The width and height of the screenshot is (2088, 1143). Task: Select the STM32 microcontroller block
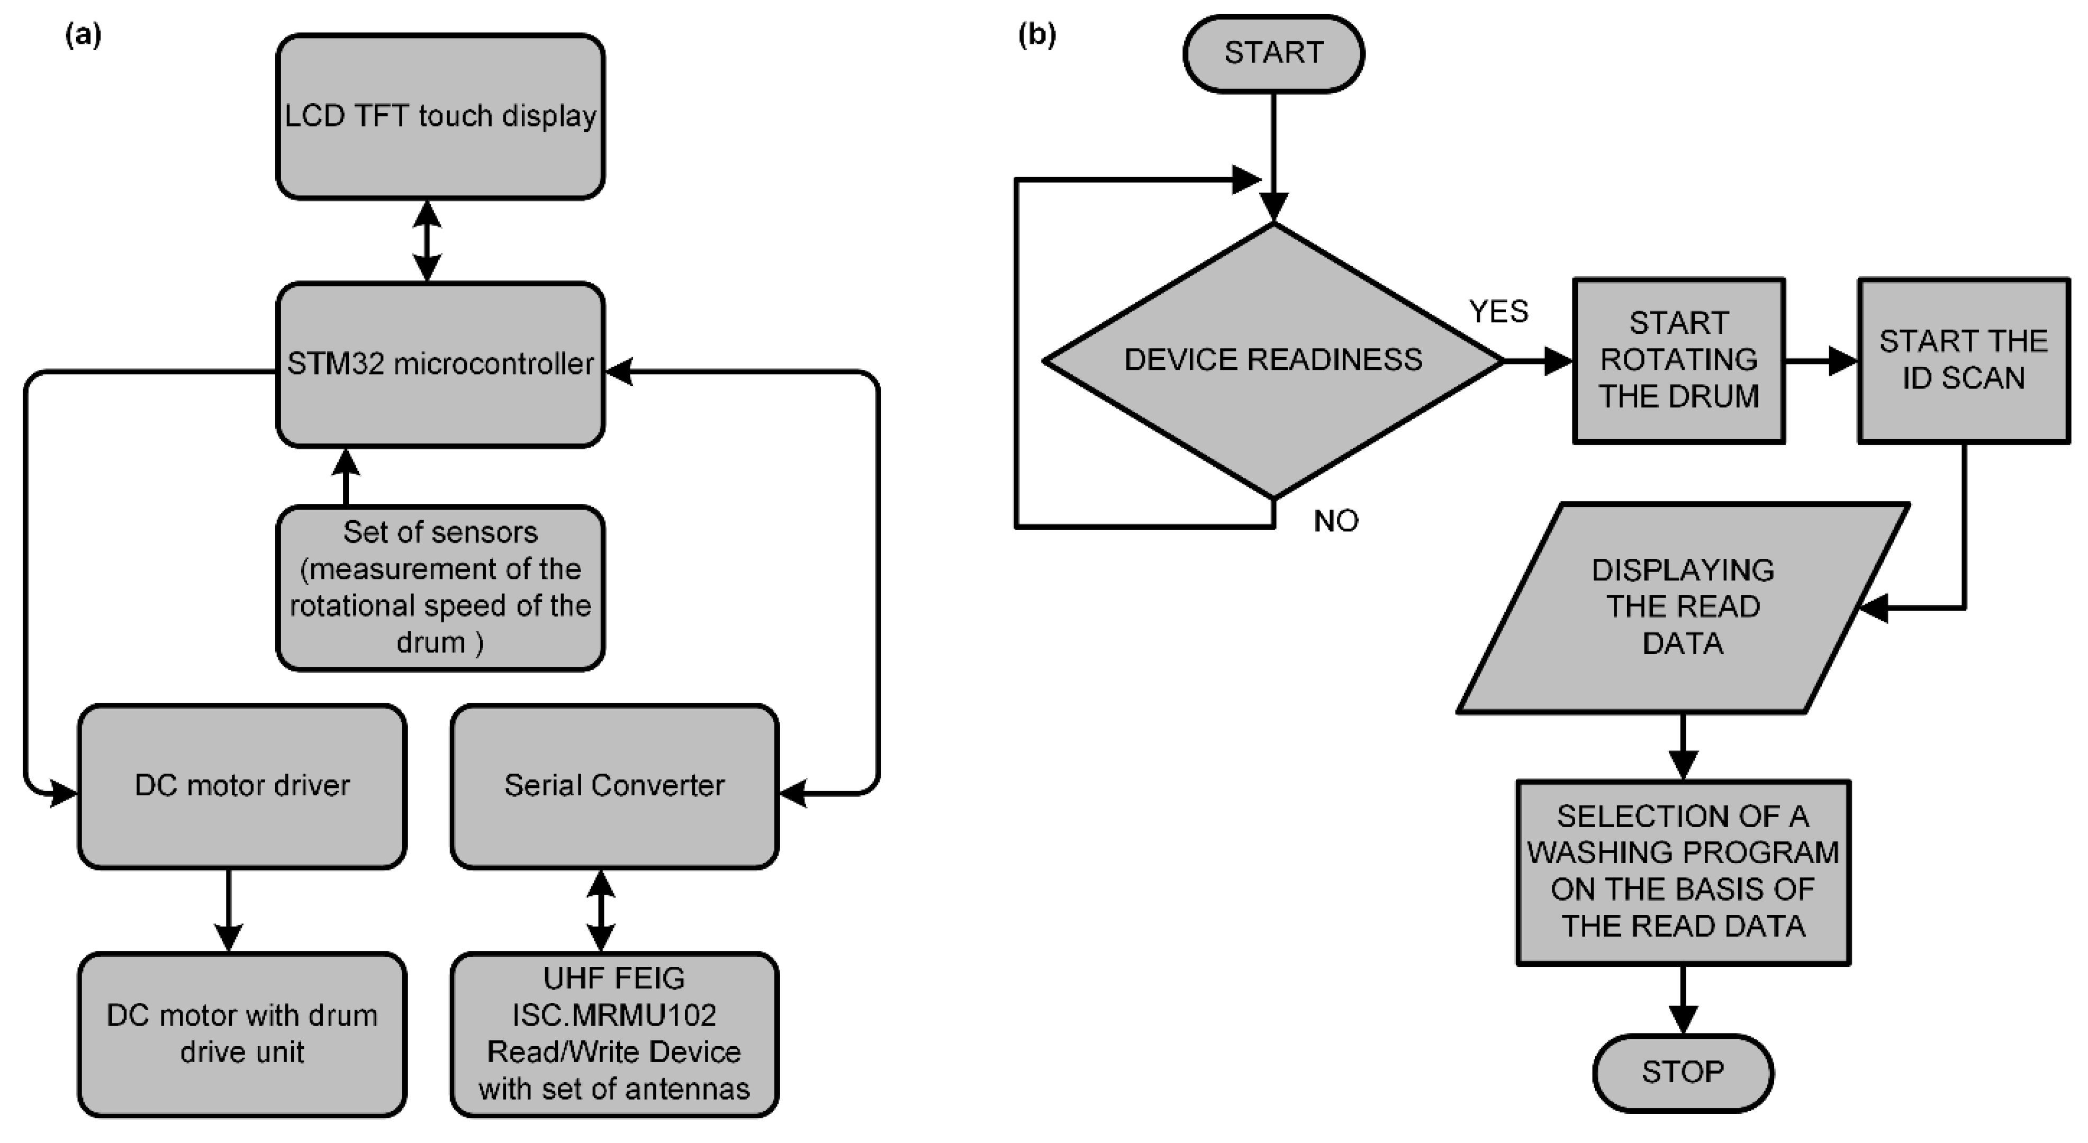pyautogui.click(x=440, y=365)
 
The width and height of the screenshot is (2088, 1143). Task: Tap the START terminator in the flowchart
pyautogui.click(x=1273, y=53)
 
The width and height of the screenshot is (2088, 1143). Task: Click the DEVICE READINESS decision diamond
pyautogui.click(x=1273, y=360)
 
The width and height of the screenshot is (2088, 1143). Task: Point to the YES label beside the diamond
pyautogui.click(x=1498, y=311)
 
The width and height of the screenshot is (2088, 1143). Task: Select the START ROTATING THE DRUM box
pyautogui.click(x=1679, y=360)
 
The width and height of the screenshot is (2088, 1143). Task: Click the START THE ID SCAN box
pyautogui.click(x=1963, y=360)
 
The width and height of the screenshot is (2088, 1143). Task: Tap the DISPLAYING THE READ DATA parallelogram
pyautogui.click(x=1683, y=607)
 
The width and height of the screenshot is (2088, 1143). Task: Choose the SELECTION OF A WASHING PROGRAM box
pyautogui.click(x=1683, y=872)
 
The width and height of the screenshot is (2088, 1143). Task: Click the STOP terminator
pyautogui.click(x=1683, y=1073)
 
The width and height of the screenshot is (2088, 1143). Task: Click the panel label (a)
pyautogui.click(x=83, y=35)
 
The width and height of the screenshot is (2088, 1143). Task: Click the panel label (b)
pyautogui.click(x=1037, y=35)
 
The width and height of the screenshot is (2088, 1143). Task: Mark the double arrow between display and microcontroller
pyautogui.click(x=427, y=241)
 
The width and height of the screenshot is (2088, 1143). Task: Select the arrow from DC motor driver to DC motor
pyautogui.click(x=229, y=910)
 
